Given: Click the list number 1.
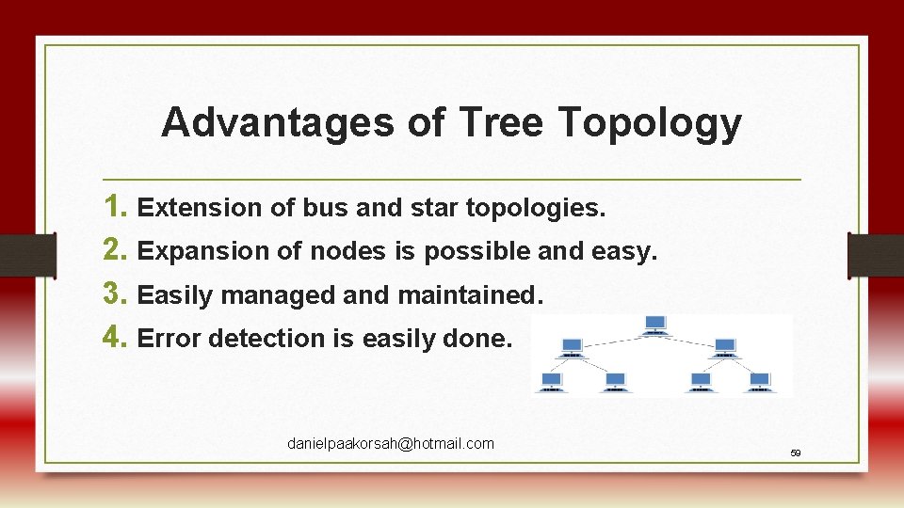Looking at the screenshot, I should point(117,207).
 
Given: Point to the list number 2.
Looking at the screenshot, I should point(117,250).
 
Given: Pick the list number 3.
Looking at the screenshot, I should point(117,294).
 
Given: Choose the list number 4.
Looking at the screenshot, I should point(117,338).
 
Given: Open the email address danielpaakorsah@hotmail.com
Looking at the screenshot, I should point(390,443).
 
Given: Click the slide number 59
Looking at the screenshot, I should point(795,453).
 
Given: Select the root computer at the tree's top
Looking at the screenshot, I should point(655,325).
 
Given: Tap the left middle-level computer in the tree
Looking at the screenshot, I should point(571,346).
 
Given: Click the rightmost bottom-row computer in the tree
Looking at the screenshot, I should point(760,381).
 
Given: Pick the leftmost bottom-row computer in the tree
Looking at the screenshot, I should point(551,381).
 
